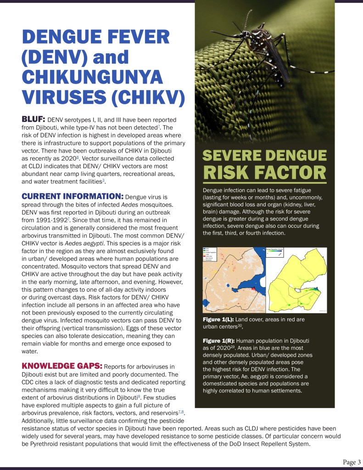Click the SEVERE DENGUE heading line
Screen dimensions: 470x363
click(264, 156)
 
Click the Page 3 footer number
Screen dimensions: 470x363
click(352, 461)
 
